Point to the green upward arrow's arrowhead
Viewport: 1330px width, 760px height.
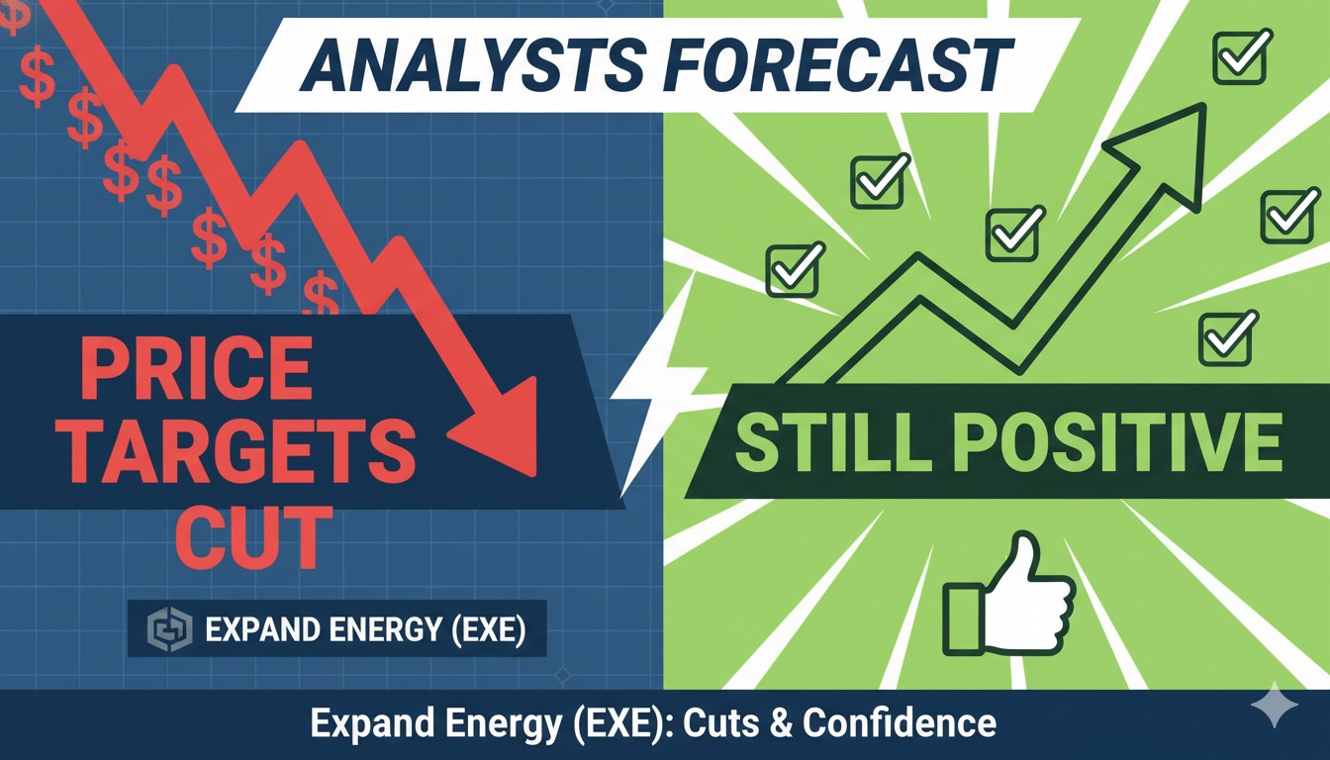[x=1169, y=140]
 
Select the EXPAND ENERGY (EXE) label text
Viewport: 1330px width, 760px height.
[x=363, y=630]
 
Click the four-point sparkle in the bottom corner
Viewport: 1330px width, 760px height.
[x=1274, y=710]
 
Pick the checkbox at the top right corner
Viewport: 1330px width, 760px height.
[x=1240, y=54]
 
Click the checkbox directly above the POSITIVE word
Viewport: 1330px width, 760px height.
[x=1225, y=337]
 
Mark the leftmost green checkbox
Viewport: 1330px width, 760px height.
[x=794, y=268]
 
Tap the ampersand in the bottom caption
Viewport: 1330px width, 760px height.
[x=784, y=723]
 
